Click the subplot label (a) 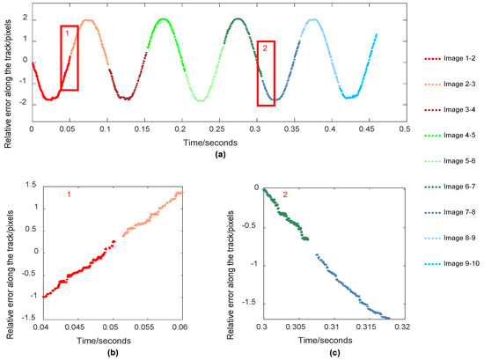pyautogui.click(x=216, y=154)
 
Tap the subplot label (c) pyautogui.click(x=329, y=354)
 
